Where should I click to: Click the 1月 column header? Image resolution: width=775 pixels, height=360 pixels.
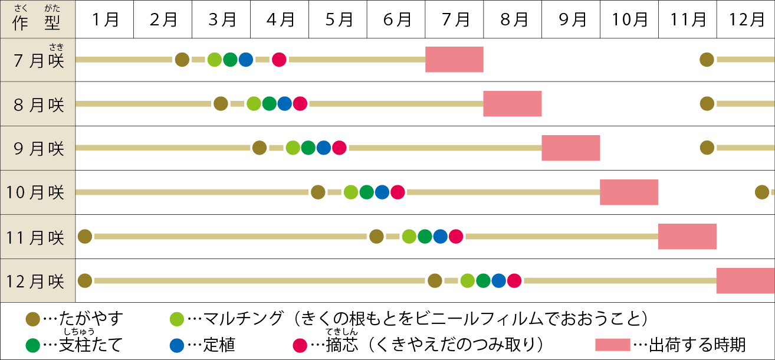tap(105, 19)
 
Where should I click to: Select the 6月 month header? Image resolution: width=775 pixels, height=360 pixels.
tap(396, 19)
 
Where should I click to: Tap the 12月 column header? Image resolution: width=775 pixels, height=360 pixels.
tap(746, 19)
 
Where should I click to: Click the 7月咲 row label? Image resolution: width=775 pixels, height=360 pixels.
tap(38, 60)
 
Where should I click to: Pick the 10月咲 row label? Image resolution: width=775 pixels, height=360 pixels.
tap(38, 192)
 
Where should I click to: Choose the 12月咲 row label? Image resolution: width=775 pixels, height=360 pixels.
tap(38, 281)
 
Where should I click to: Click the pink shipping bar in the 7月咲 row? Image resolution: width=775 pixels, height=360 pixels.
tap(454, 60)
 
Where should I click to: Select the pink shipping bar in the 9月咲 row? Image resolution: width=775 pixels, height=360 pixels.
tap(570, 148)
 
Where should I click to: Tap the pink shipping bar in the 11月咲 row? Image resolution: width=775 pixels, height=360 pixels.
tap(687, 237)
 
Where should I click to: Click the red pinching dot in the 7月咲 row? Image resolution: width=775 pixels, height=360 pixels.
tap(279, 60)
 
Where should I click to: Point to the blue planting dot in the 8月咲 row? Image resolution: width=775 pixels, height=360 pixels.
tap(284, 104)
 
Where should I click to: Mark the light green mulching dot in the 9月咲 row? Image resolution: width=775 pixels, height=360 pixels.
tap(293, 148)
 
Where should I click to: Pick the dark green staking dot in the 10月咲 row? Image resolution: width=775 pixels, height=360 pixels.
tap(366, 192)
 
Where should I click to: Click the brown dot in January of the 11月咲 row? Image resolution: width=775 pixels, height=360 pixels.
tap(85, 237)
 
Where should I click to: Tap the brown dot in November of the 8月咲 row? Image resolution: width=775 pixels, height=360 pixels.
tap(707, 104)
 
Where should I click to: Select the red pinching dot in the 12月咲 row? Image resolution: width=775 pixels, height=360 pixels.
tap(514, 281)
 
